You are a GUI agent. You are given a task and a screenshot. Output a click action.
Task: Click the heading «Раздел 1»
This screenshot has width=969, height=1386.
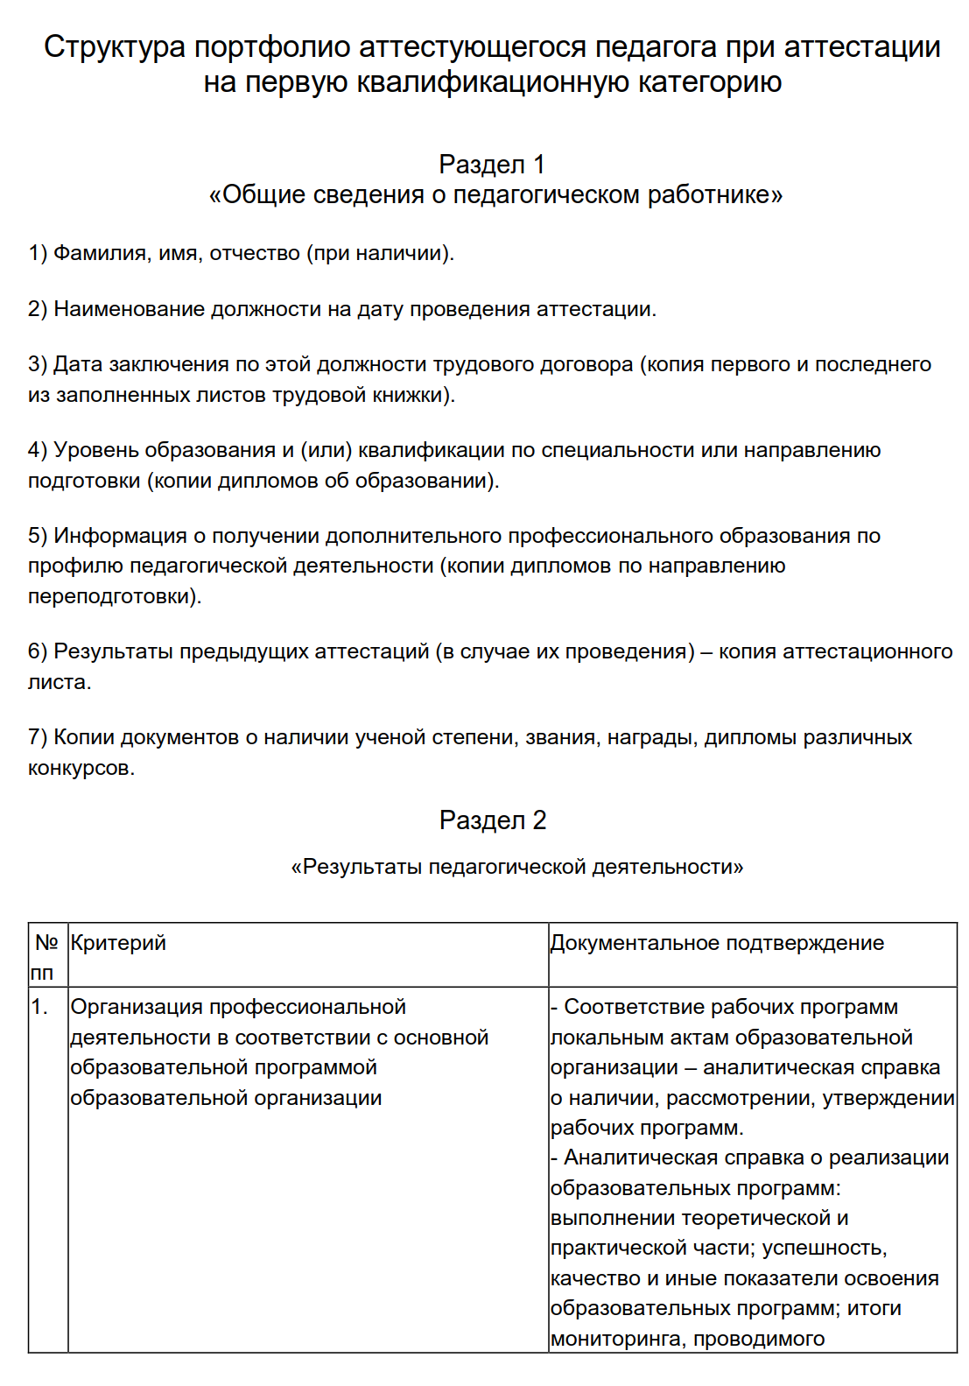492,164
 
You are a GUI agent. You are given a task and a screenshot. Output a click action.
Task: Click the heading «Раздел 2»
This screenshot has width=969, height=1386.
492,820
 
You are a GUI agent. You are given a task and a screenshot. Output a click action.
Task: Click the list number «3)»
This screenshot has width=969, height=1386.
38,364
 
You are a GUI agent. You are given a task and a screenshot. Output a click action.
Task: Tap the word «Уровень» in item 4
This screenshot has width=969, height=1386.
96,450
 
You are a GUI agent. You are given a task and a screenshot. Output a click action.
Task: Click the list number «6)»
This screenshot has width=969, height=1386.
38,651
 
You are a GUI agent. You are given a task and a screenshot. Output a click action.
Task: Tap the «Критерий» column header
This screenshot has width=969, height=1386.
118,943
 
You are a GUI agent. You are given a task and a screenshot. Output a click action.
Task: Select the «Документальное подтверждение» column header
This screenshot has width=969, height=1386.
717,943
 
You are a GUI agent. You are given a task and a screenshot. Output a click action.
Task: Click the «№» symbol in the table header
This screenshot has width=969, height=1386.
46,943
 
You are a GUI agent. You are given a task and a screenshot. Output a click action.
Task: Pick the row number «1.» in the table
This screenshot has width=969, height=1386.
39,1007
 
